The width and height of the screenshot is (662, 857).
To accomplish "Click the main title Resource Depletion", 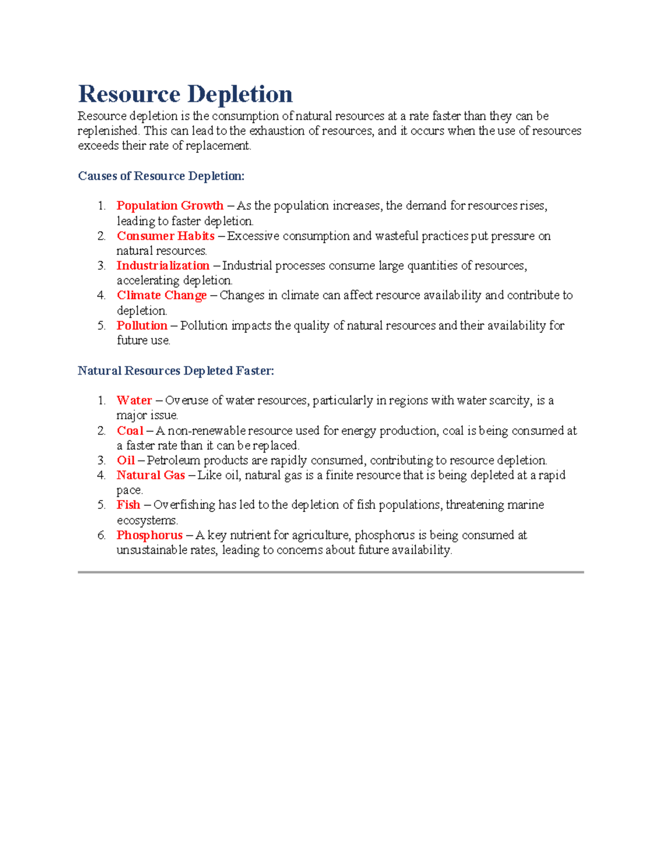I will (x=185, y=94).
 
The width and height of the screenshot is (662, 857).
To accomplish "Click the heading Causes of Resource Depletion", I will (x=161, y=176).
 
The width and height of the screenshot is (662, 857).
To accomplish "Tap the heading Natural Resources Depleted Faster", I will (x=176, y=371).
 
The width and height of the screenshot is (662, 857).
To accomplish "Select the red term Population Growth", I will (x=170, y=206).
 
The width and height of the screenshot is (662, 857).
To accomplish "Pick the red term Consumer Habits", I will (x=165, y=236).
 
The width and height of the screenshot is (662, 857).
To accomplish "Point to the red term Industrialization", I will (x=163, y=266).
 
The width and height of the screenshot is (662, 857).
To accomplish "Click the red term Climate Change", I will (x=162, y=296).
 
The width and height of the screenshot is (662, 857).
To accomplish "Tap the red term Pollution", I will (x=142, y=326).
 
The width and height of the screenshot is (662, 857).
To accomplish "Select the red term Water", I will (x=134, y=401).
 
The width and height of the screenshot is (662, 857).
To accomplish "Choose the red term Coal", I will (x=130, y=430).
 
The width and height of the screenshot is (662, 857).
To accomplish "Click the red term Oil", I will (x=126, y=460).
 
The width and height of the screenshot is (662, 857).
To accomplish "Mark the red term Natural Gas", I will (x=151, y=475).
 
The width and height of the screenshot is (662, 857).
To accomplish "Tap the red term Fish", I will (x=129, y=505).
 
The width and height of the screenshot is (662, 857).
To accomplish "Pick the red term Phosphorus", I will (x=150, y=535).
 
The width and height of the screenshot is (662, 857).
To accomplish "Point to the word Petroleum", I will (x=173, y=460).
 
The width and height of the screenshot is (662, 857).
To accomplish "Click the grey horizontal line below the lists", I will (x=330, y=572).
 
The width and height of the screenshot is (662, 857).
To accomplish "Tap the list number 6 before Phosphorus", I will (x=101, y=535).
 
